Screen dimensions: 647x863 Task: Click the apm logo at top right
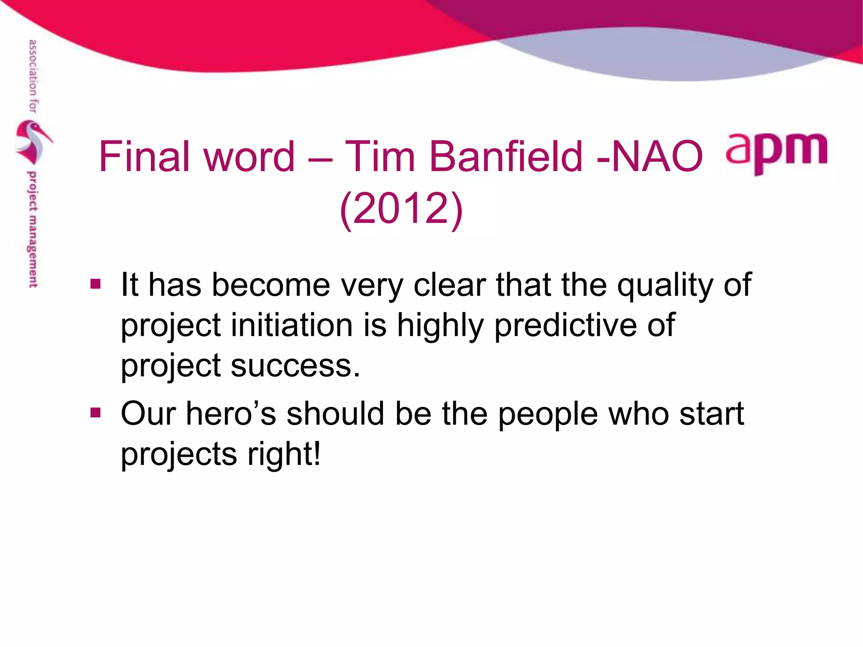tap(777, 152)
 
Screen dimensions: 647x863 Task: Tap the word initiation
tap(292, 326)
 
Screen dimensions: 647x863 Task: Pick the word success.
tap(295, 366)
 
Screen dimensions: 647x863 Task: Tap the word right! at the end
tap(284, 455)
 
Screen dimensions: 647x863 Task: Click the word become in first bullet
tap(271, 286)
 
